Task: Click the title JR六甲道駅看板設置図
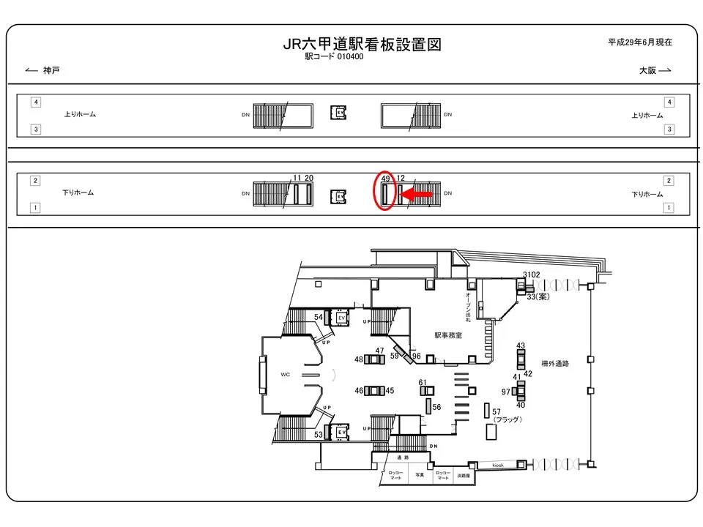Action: [362, 45]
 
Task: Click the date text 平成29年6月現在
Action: [639, 43]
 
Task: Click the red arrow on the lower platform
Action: [417, 195]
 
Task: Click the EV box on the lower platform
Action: [339, 197]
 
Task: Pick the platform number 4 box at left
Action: [35, 102]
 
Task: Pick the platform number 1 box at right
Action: [668, 208]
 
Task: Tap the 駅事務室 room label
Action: [448, 336]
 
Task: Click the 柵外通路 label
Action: [555, 362]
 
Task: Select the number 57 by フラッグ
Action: [496, 412]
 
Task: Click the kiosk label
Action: [497, 466]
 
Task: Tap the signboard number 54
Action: [319, 316]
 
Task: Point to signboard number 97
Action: [505, 392]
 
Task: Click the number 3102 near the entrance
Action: [532, 274]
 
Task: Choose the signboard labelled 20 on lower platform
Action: [310, 179]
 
